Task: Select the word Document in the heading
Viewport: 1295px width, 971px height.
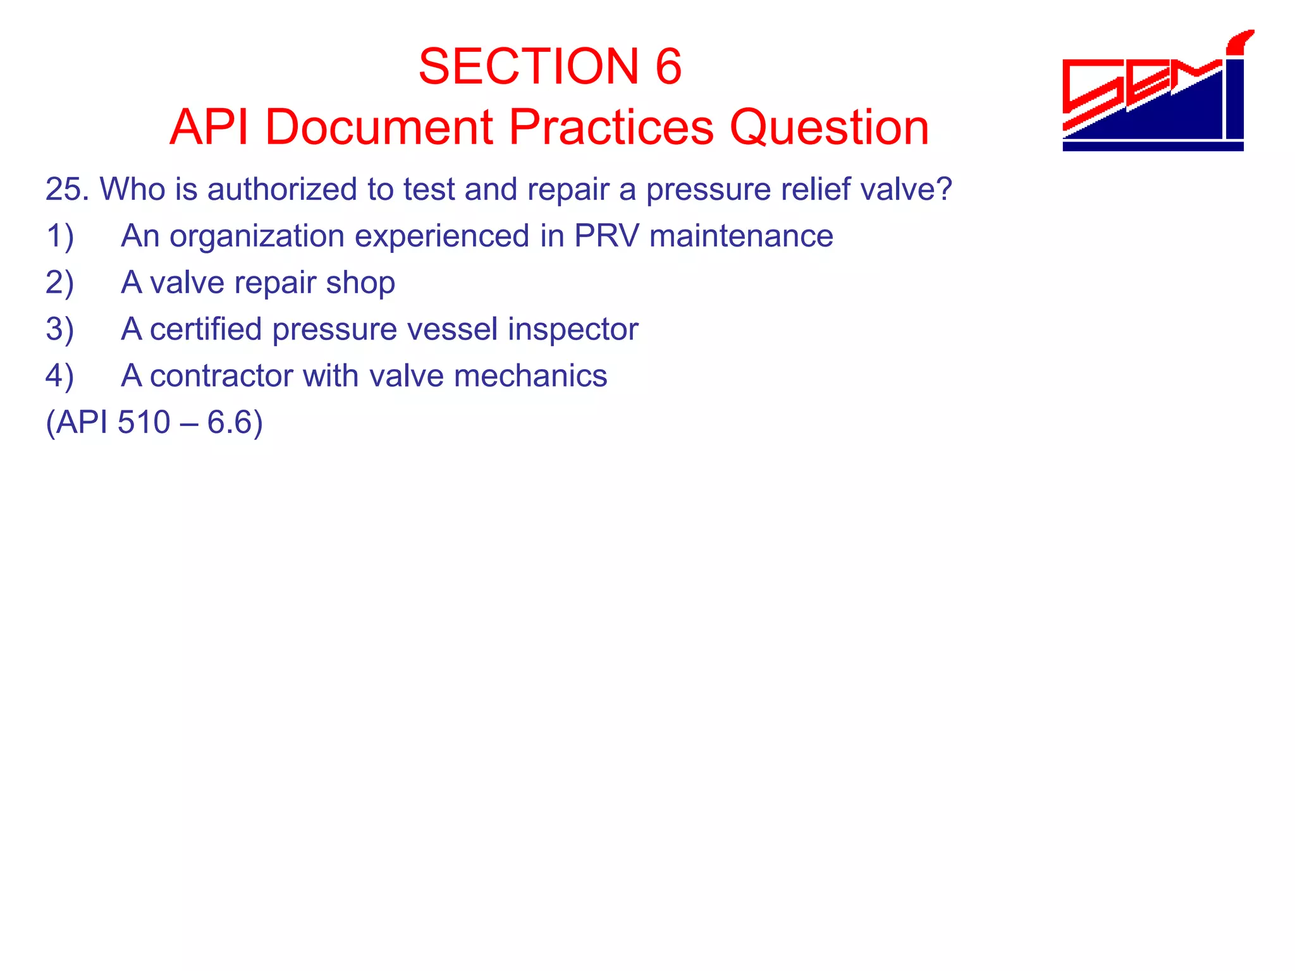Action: coord(379,127)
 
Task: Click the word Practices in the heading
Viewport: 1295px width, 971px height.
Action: coord(611,127)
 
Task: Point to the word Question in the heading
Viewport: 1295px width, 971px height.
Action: coord(829,127)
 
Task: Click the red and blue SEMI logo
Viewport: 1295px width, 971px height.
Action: coord(1155,92)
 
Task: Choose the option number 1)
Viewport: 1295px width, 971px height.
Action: coord(60,236)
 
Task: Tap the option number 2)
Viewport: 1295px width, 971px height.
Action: coord(60,283)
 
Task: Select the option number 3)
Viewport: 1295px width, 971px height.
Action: coord(60,329)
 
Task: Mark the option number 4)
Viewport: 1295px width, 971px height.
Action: coord(60,376)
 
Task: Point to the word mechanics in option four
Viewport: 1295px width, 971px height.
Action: coord(531,376)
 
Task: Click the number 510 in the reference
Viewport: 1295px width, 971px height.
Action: coord(144,422)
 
